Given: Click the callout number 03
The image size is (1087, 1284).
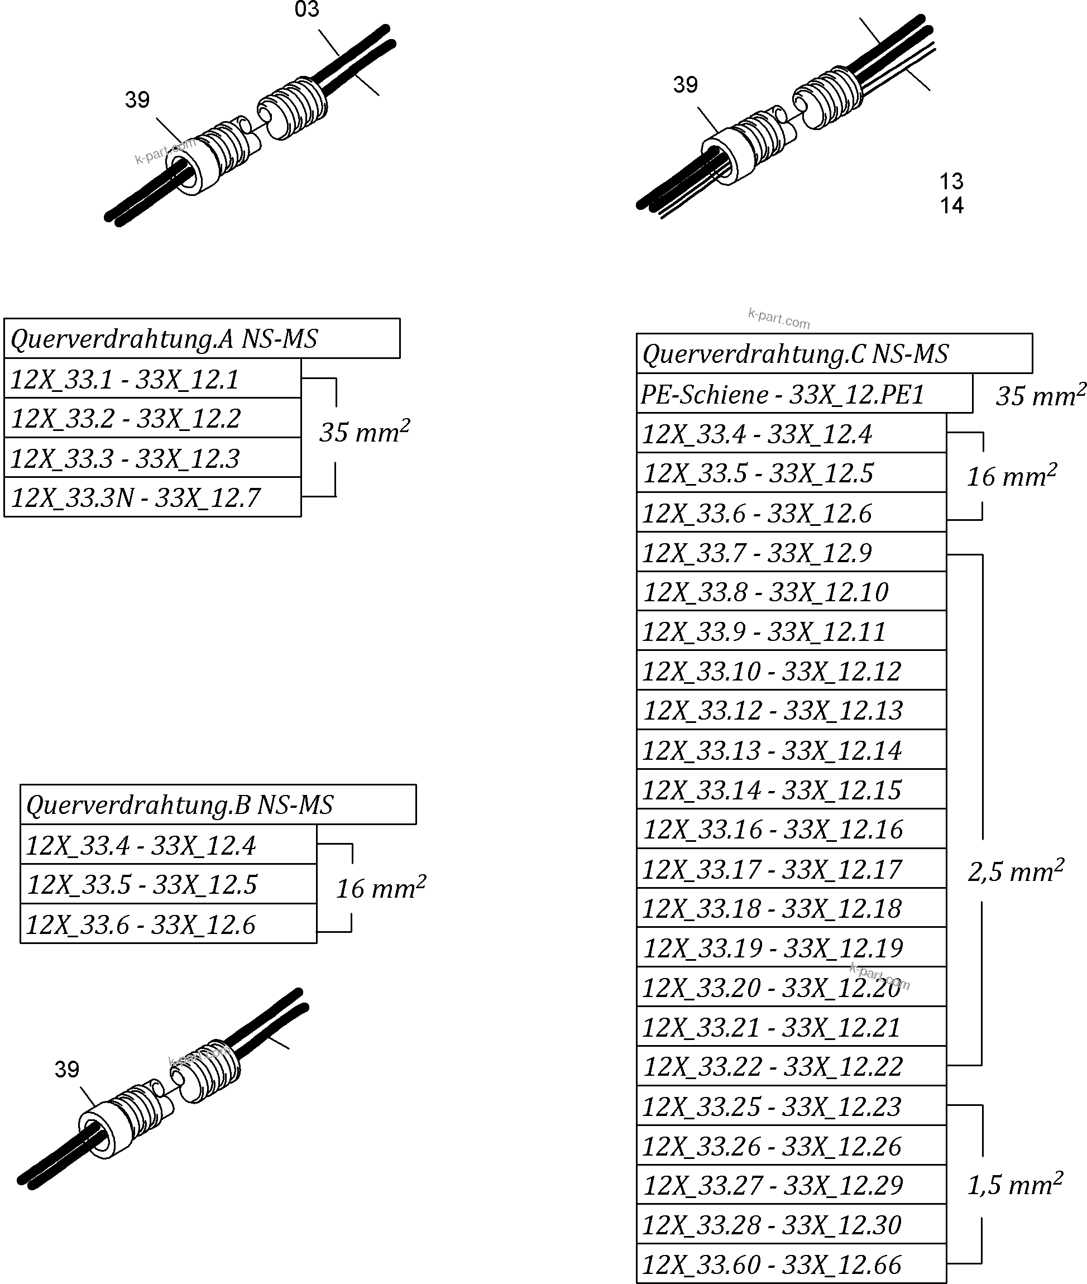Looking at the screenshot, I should [307, 10].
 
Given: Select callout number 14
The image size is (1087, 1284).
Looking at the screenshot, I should [951, 205].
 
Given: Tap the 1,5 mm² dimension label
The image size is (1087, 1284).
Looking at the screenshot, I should [1015, 1184].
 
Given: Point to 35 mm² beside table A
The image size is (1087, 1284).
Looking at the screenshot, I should [364, 432].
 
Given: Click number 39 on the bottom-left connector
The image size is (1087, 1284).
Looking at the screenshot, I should [66, 1069].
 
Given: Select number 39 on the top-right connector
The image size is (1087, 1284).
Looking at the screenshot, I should [685, 84].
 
